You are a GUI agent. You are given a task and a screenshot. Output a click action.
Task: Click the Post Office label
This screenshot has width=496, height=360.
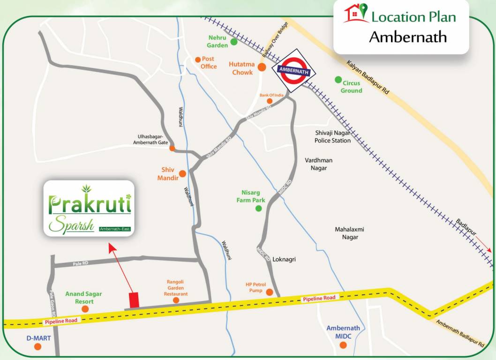coord(208,63)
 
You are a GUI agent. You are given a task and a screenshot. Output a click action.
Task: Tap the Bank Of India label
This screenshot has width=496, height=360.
coord(272,95)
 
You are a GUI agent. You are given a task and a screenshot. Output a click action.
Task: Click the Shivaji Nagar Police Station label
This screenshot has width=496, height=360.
coord(332,137)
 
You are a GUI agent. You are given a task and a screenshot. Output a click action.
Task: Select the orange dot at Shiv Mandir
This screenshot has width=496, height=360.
coord(182,173)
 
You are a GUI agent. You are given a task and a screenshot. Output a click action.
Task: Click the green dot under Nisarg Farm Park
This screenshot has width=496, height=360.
coord(258,209)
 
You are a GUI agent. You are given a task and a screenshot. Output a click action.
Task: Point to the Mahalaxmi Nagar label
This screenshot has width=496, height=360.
coord(349,233)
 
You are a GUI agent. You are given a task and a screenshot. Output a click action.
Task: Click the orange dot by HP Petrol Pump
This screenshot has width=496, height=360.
coord(270,292)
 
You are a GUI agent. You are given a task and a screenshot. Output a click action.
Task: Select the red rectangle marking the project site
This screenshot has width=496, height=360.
coord(134,300)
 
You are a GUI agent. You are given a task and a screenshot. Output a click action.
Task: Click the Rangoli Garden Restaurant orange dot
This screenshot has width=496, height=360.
coord(176,300)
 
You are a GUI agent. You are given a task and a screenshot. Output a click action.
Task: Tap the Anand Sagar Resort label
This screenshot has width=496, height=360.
coord(83,298)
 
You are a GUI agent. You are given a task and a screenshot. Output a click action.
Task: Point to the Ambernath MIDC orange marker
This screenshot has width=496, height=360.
coord(343,345)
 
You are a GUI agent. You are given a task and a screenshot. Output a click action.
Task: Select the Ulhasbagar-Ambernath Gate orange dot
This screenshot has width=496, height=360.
coord(172,149)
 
